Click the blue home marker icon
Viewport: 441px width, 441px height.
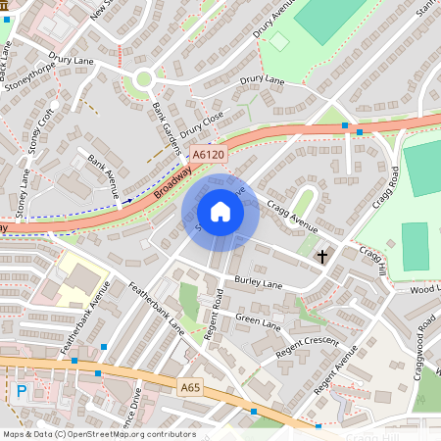220,212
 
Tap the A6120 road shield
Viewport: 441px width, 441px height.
207,155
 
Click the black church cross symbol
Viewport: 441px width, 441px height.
322,257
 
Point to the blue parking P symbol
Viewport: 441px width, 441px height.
22,392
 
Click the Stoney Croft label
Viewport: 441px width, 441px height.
40,137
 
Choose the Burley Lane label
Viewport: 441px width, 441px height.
259,281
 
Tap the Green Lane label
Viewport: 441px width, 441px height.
257,320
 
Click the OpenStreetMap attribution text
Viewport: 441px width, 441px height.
98,434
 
